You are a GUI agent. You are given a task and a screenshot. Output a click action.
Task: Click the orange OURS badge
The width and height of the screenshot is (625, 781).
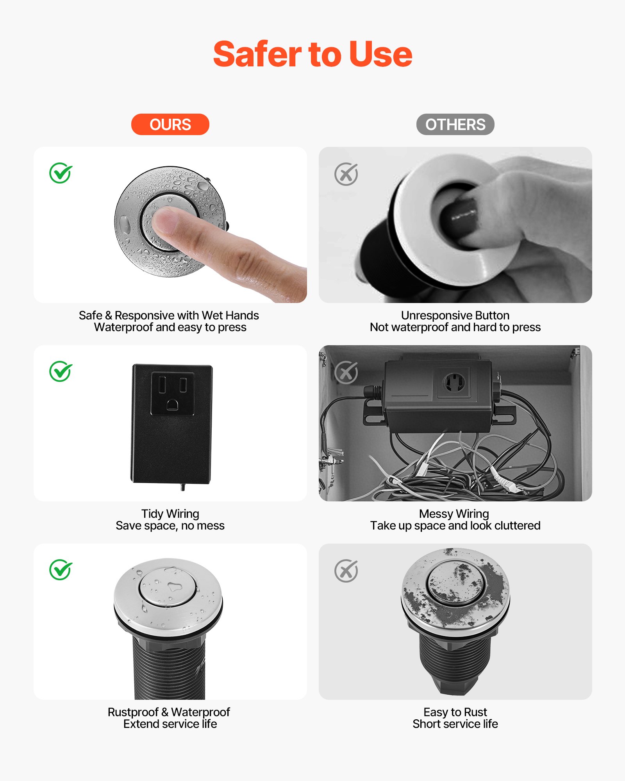pos(170,125)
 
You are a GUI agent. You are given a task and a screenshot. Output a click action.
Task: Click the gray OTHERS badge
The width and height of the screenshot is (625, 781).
pos(455,125)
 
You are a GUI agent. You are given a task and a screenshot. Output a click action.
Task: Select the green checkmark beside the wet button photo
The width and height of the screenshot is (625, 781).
pos(61,173)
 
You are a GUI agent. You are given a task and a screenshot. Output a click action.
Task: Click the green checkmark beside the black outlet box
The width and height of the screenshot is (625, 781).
pos(61,371)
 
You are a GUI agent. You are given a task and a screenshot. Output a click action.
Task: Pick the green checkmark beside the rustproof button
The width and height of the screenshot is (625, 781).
pos(61,570)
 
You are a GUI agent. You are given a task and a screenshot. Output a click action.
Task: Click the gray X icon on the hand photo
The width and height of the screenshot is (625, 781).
pos(346,174)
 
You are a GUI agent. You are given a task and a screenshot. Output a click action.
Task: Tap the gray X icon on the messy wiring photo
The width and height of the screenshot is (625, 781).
pos(346,373)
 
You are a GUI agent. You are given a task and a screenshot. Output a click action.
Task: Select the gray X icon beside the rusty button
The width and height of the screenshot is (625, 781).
pos(346,571)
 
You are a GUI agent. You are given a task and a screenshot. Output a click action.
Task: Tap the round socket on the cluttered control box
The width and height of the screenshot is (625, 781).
pos(454,382)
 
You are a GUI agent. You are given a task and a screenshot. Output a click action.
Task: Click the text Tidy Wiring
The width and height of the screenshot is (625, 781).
pos(170,514)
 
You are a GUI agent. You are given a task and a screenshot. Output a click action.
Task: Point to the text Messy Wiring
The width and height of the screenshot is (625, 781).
pos(454,514)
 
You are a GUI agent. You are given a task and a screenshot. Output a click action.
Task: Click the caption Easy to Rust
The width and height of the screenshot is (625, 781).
pos(455,712)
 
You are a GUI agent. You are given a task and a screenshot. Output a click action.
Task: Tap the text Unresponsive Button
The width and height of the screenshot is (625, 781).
pos(455,315)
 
